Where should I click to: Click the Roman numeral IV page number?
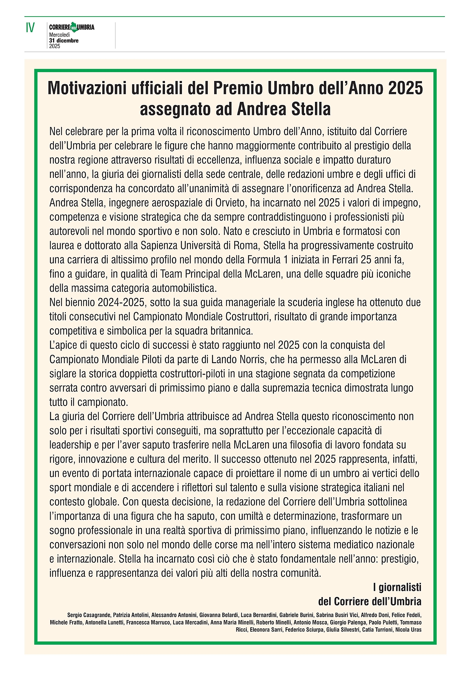pyautogui.click(x=30, y=28)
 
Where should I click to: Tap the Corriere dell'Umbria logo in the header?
pyautogui.click(x=72, y=27)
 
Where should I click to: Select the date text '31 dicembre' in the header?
pyautogui.click(x=64, y=40)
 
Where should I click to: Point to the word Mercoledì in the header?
pyautogui.click(x=59, y=35)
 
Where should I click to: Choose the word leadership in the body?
pyautogui.click(x=70, y=445)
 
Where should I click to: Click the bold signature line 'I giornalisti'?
pyautogui.click(x=397, y=587)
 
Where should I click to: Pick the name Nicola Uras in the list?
pyautogui.click(x=408, y=629)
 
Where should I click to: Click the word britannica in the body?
pyautogui.click(x=230, y=331)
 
